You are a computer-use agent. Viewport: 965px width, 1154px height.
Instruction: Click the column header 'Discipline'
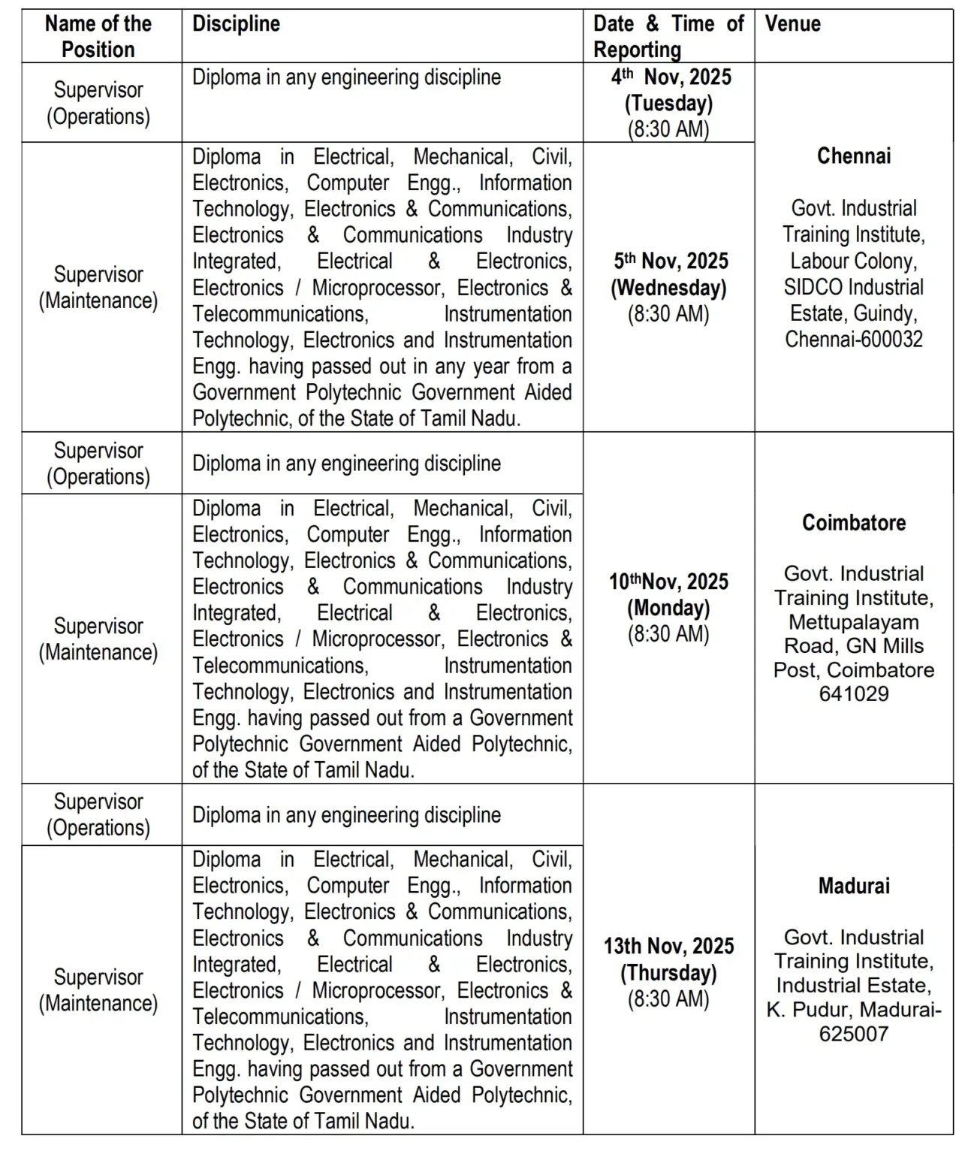236,24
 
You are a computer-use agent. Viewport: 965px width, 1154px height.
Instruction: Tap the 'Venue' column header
792,24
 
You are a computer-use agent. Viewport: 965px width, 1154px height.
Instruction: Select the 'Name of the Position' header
98,36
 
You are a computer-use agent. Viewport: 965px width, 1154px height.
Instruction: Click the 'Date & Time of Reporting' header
668,36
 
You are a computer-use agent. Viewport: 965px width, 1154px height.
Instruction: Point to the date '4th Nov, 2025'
671,77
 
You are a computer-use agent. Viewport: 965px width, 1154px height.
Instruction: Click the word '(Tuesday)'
668,103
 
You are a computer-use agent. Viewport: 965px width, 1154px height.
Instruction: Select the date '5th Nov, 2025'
671,261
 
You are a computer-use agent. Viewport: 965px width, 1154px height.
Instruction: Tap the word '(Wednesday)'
668,288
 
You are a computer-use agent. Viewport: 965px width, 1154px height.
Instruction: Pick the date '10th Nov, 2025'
668,582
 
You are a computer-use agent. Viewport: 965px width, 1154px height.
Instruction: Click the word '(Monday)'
668,608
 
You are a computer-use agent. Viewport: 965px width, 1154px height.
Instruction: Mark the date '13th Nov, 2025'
668,946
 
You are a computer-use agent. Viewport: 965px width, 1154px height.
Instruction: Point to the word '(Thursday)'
668,973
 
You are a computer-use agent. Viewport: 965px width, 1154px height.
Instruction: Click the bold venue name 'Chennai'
854,156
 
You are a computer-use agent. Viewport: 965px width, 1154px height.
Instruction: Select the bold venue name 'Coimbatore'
854,523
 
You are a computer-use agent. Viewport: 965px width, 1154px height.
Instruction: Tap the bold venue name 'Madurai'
854,886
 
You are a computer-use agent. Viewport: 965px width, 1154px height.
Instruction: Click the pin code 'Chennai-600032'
854,340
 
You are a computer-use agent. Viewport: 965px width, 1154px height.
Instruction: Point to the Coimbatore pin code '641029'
854,693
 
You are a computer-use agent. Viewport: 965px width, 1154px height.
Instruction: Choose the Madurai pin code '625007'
854,1034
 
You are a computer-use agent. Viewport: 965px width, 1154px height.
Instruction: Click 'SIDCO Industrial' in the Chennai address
854,287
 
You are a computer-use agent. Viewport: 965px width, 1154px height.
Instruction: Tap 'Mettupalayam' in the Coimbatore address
854,622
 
